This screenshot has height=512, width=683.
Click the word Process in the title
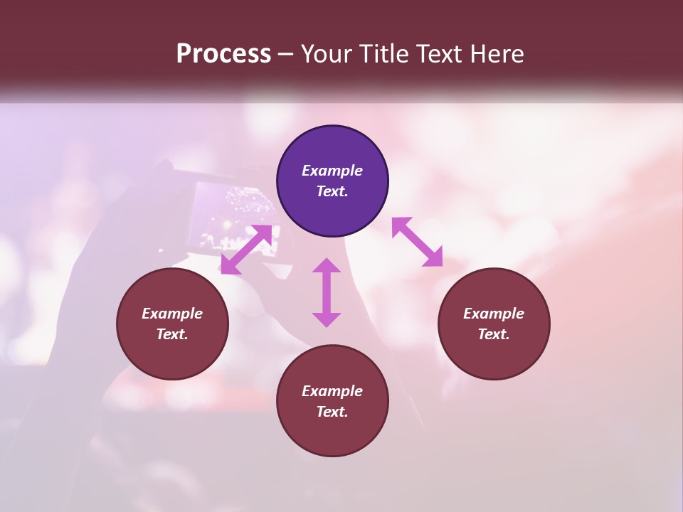(223, 54)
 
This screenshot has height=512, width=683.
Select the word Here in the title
(497, 54)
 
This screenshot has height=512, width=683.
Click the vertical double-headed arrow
(327, 292)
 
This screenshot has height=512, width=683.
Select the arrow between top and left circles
(246, 250)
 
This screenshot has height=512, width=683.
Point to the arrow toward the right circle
(417, 242)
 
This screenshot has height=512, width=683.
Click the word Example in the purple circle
(332, 171)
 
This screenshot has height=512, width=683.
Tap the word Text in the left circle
(172, 334)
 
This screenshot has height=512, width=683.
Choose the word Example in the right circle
(494, 314)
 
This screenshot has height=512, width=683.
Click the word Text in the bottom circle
(332, 412)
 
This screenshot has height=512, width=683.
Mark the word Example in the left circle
(172, 314)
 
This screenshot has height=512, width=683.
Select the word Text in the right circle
(494, 334)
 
